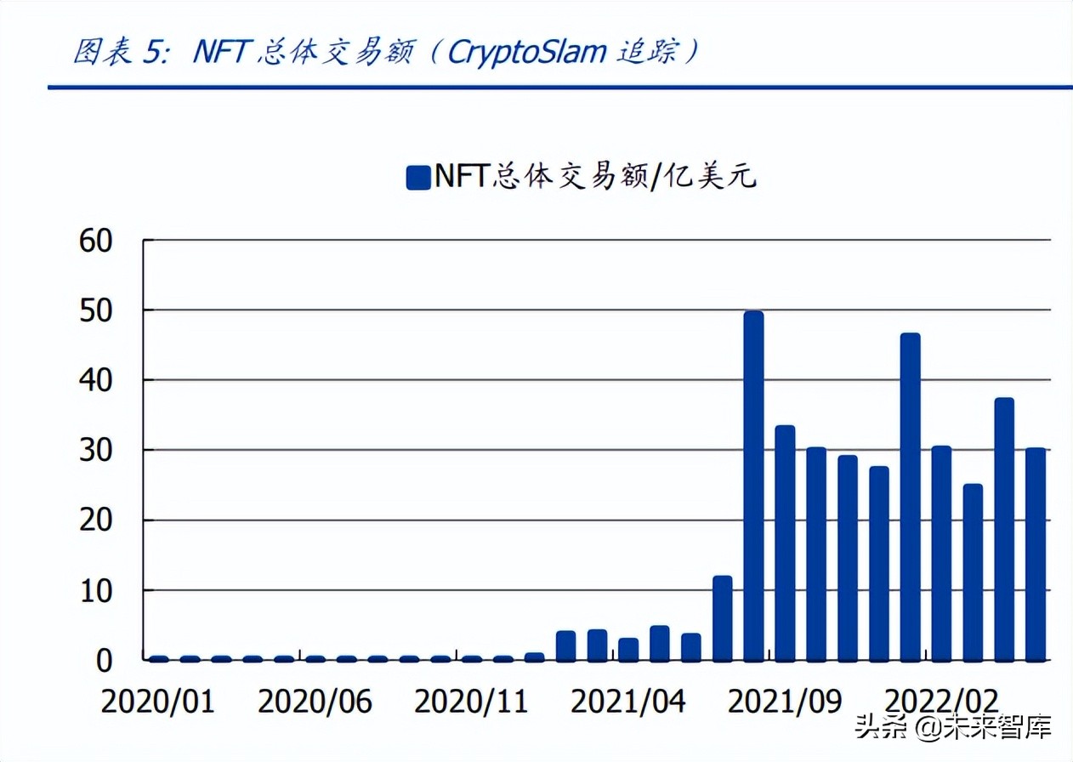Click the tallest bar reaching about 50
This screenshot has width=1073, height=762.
pos(753,486)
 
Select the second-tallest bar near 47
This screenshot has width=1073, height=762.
pos(910,497)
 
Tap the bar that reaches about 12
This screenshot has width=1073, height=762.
pos(723,618)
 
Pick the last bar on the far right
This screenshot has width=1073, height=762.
pos(1035,554)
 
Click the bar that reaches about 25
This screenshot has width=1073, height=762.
pos(973,572)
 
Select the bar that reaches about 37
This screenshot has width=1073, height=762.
pos(1004,529)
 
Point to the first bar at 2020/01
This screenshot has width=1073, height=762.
pos(158,658)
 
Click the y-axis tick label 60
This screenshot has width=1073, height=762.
pos(94,241)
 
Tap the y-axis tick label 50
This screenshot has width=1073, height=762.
pos(94,310)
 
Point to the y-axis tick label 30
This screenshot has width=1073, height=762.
pos(94,450)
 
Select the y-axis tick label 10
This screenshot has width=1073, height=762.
pos(94,590)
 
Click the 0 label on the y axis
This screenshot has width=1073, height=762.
pos(104,660)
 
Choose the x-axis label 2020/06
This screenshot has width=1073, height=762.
pos(315,702)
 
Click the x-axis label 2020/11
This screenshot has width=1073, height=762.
pos(471,702)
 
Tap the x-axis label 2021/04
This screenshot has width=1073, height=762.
pos(627,702)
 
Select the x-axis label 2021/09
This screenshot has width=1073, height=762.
pos(785,702)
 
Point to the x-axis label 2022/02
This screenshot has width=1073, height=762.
pos(941,702)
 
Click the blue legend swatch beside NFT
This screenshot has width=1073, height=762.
pos(418,178)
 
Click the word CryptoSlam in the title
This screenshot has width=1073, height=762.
pos(526,53)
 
